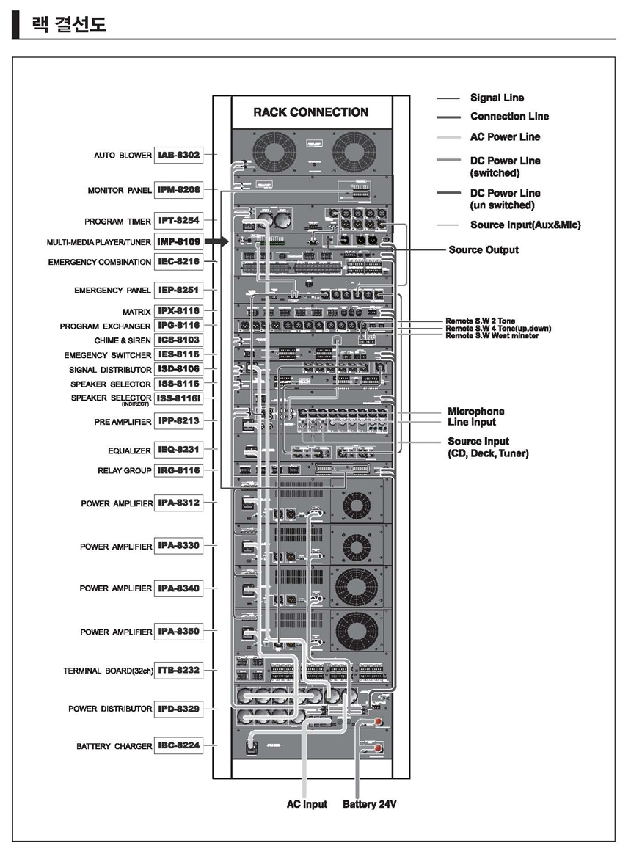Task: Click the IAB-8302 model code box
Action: [x=178, y=156]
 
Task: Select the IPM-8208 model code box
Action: [x=178, y=191]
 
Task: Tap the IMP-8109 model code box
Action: [x=178, y=241]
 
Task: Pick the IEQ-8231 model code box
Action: [x=178, y=449]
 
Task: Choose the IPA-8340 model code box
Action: [x=178, y=588]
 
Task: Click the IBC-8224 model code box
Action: [x=178, y=746]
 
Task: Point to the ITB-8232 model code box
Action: [x=178, y=671]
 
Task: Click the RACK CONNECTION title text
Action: [x=310, y=112]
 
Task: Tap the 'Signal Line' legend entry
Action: [x=497, y=98]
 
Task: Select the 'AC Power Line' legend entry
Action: [x=504, y=136]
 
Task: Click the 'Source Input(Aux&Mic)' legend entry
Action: [x=525, y=225]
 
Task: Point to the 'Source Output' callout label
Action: [x=483, y=250]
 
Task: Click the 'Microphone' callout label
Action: [x=476, y=412]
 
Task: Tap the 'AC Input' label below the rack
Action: [x=307, y=805]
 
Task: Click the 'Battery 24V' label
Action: [x=369, y=805]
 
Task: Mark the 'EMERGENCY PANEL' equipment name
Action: [x=112, y=291]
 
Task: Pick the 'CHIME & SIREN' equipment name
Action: [x=123, y=340]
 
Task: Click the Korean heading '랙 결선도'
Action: [x=69, y=25]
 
